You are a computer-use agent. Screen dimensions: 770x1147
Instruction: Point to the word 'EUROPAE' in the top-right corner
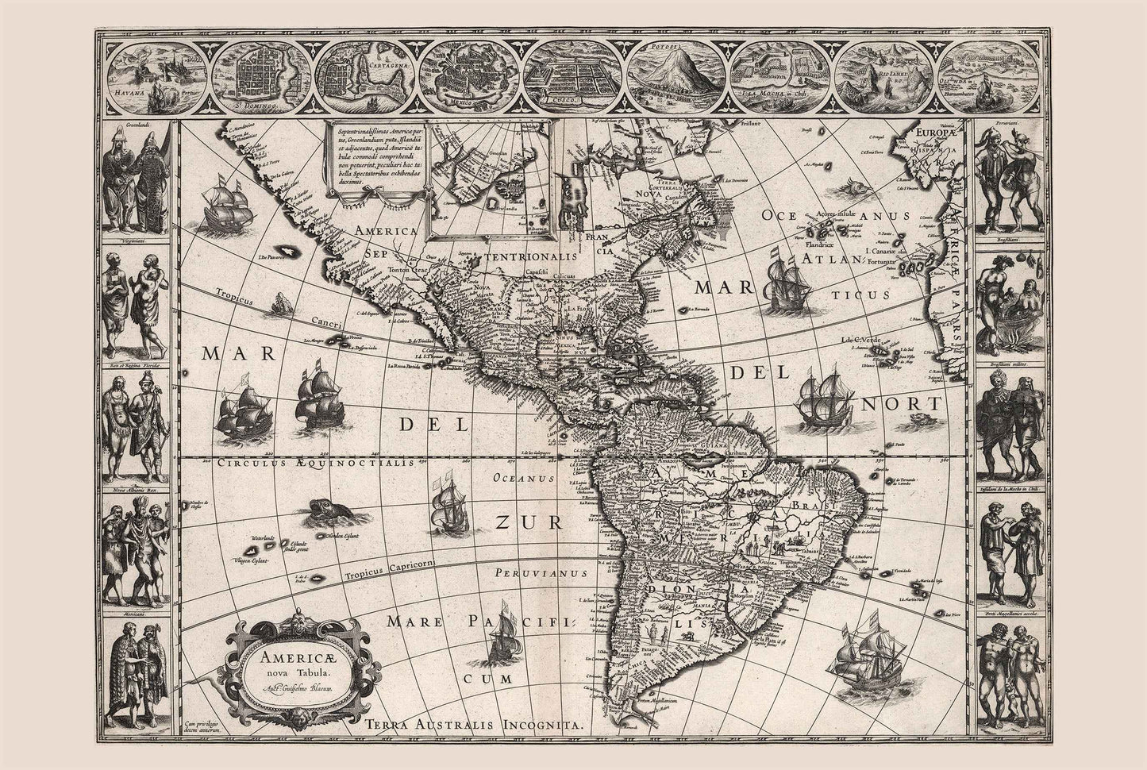tap(938, 134)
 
